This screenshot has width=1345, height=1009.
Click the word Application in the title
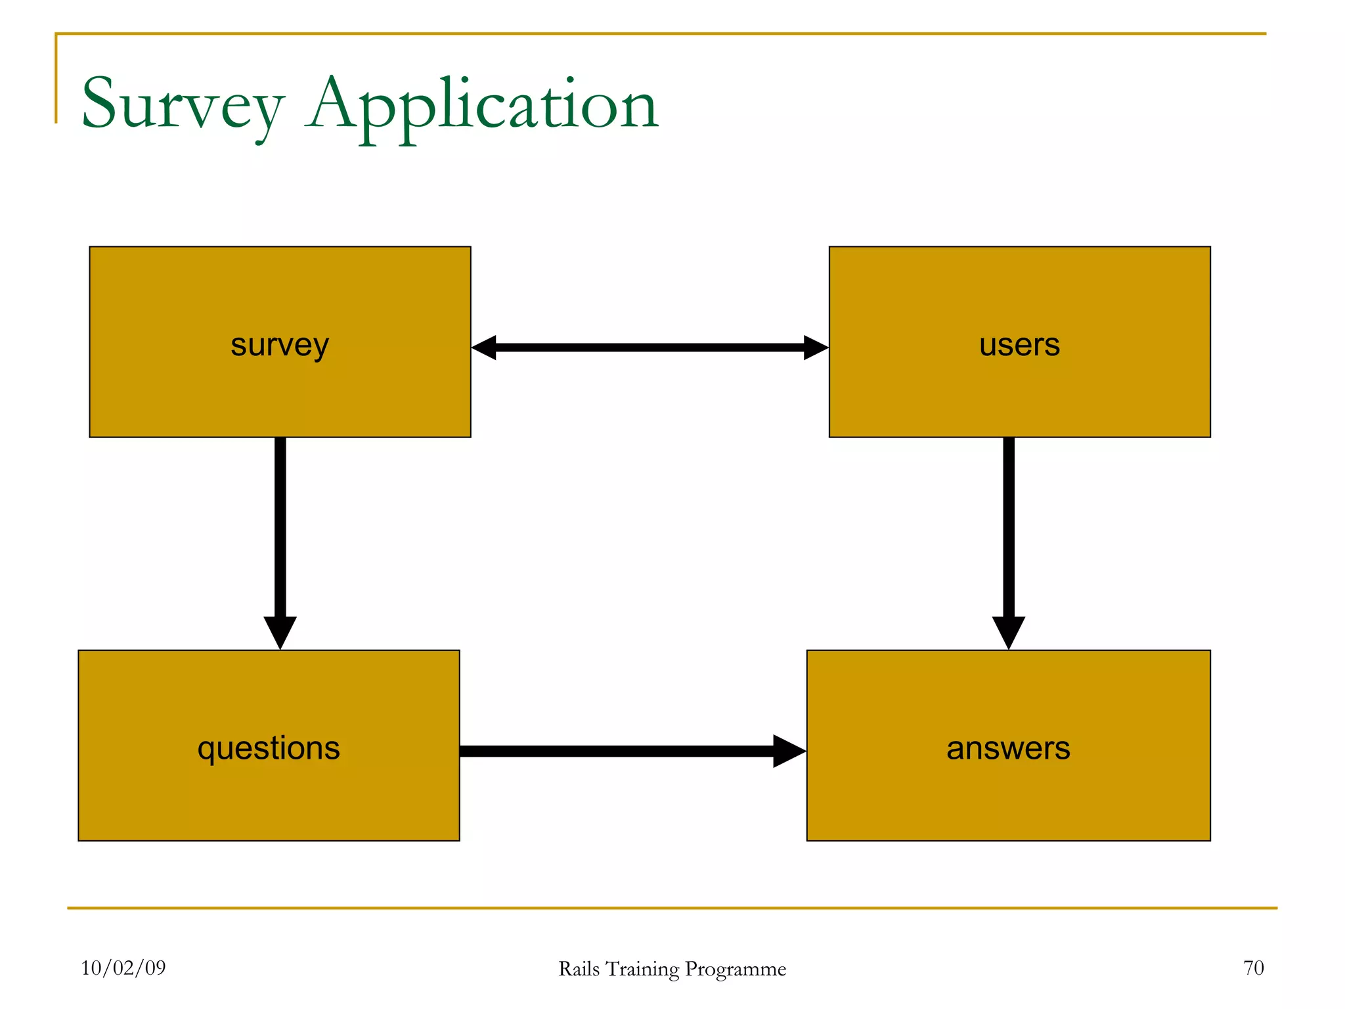(483, 105)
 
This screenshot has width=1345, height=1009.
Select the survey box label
(280, 345)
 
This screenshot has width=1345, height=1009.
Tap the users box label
(1019, 344)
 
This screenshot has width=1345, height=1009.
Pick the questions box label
(269, 748)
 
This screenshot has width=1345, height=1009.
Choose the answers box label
(1008, 748)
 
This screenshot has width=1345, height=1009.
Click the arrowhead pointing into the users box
(816, 348)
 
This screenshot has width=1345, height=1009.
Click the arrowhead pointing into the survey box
(485, 348)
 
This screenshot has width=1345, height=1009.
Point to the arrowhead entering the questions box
(280, 632)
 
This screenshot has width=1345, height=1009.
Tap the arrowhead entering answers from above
(1009, 632)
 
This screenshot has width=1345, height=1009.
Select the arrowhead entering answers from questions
(788, 751)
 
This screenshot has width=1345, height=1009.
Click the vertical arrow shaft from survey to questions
(280, 526)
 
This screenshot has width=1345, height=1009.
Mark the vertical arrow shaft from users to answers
(1009, 526)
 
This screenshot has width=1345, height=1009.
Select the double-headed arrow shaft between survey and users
(650, 348)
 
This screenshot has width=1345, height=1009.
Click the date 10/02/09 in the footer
(123, 968)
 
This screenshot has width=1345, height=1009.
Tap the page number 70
(1253, 968)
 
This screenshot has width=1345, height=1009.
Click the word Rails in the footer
(579, 969)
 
